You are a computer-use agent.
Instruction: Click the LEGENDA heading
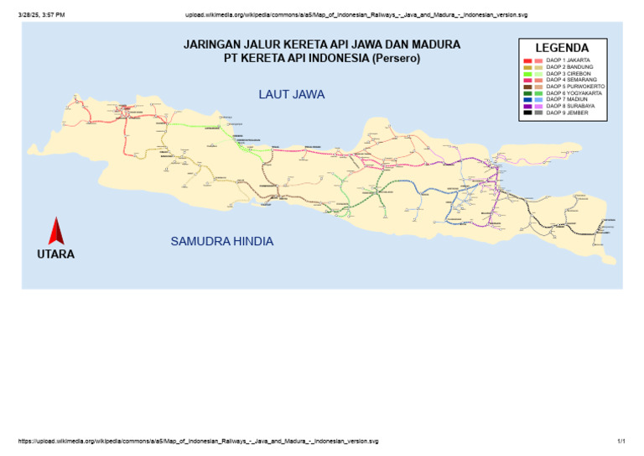coord(562,49)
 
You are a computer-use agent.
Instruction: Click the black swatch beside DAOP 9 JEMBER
coord(527,113)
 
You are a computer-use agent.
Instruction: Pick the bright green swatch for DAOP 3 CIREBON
coord(527,74)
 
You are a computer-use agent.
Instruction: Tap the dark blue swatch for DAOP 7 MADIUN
coord(527,99)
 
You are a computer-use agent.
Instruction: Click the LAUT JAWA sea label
coord(291,95)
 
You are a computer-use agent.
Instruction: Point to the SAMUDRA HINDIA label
coord(222,241)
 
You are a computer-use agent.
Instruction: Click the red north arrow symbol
coord(56,231)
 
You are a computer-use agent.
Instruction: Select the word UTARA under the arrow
coord(55,254)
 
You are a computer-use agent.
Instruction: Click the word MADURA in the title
coord(435,45)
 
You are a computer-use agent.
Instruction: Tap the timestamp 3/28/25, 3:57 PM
coord(41,15)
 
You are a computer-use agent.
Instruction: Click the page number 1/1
coord(621,441)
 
